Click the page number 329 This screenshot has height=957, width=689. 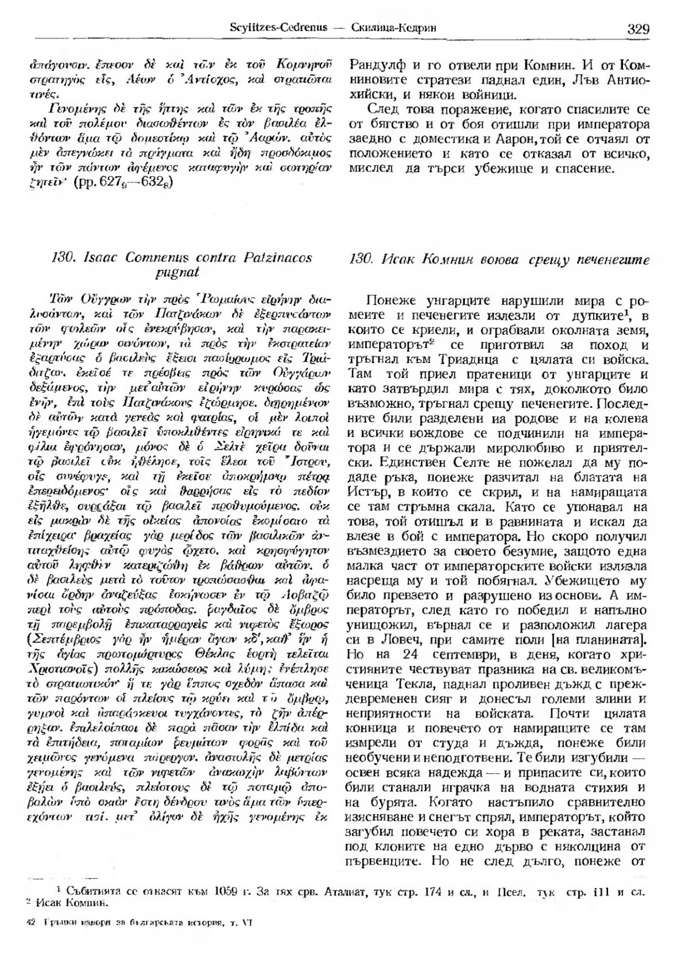coord(638,29)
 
